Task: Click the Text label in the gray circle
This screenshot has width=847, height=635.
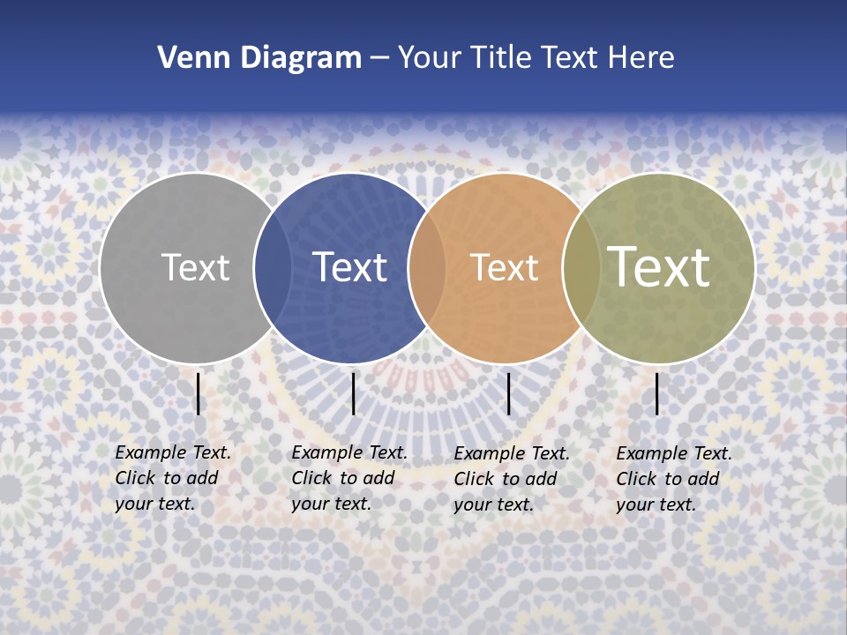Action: (x=196, y=267)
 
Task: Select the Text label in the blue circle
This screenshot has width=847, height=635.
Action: (x=350, y=267)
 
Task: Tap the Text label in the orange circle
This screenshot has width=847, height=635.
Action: (x=504, y=267)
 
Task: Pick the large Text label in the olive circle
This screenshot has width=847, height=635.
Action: (x=659, y=267)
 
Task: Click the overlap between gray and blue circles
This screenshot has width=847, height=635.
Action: (x=273, y=268)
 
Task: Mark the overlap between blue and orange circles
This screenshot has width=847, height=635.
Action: (x=427, y=268)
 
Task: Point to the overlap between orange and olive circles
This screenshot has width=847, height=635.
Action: (x=581, y=268)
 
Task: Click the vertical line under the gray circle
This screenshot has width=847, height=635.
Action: (x=199, y=393)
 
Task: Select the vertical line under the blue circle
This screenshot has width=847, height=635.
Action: (x=353, y=393)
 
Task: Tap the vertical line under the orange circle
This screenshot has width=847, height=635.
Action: (x=509, y=393)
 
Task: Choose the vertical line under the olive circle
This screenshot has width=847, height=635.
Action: (x=657, y=393)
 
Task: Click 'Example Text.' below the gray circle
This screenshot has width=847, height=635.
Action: (x=173, y=452)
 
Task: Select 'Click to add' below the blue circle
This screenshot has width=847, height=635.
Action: (x=343, y=478)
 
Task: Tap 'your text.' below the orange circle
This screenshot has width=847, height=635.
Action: (x=494, y=504)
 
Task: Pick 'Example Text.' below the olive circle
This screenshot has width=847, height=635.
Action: (x=674, y=453)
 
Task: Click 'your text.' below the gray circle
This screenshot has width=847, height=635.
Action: (x=155, y=504)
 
